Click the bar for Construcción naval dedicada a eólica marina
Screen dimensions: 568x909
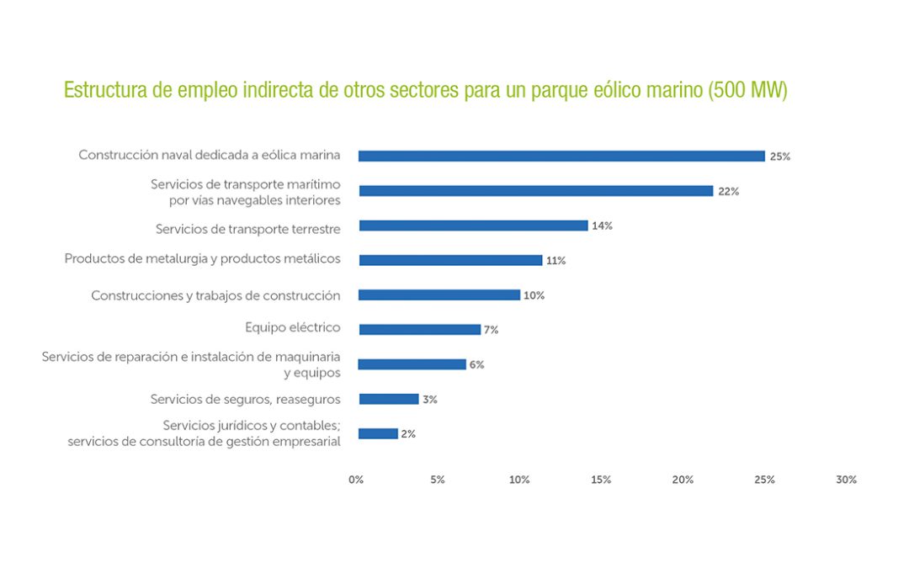click(561, 156)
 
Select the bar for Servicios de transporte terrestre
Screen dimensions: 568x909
click(473, 226)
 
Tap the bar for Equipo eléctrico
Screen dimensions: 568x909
click(419, 329)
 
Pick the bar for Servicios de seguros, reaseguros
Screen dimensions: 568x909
click(388, 399)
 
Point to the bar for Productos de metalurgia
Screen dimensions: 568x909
click(450, 260)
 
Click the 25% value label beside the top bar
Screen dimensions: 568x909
click(779, 157)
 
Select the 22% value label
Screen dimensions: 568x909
click(728, 192)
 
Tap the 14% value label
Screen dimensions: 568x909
click(602, 226)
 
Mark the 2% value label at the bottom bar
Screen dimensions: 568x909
click(408, 434)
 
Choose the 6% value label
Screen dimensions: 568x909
click(476, 364)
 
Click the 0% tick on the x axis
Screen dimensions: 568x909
click(356, 480)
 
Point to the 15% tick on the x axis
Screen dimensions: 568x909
click(601, 480)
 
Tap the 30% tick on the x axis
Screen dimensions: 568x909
click(846, 480)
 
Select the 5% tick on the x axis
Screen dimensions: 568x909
click(438, 480)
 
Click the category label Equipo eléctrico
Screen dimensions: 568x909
click(293, 328)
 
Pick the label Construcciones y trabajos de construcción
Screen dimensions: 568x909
click(215, 295)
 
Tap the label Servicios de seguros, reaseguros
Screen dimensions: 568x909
click(245, 399)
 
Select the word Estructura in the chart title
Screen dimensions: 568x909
click(99, 91)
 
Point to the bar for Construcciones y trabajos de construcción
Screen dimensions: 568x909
click(439, 295)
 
